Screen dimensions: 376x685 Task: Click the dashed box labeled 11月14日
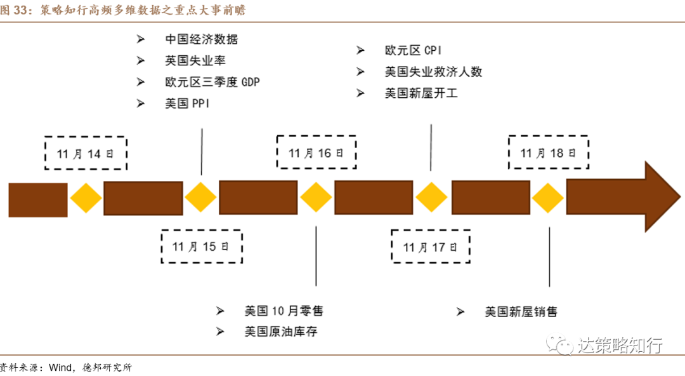(86, 153)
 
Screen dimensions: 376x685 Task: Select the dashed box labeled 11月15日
(202, 246)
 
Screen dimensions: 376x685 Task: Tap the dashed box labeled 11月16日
(316, 153)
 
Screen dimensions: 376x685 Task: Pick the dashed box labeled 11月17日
(431, 246)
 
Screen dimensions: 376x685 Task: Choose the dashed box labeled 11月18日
(548, 153)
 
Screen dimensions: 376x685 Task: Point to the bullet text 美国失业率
(195, 60)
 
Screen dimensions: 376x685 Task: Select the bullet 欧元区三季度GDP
(212, 82)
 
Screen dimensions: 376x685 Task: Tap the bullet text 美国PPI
(187, 104)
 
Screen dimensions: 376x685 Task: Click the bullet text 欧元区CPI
(413, 50)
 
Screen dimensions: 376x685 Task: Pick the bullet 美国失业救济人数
(433, 72)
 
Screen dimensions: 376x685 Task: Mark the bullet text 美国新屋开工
(421, 93)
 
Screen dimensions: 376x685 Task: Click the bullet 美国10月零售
(284, 311)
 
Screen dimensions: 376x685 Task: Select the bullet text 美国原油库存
(281, 332)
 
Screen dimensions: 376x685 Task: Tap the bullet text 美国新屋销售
(521, 311)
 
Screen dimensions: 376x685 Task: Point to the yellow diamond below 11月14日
(86, 199)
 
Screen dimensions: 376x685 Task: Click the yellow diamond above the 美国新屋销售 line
(548, 199)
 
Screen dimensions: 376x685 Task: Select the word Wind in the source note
(62, 367)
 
